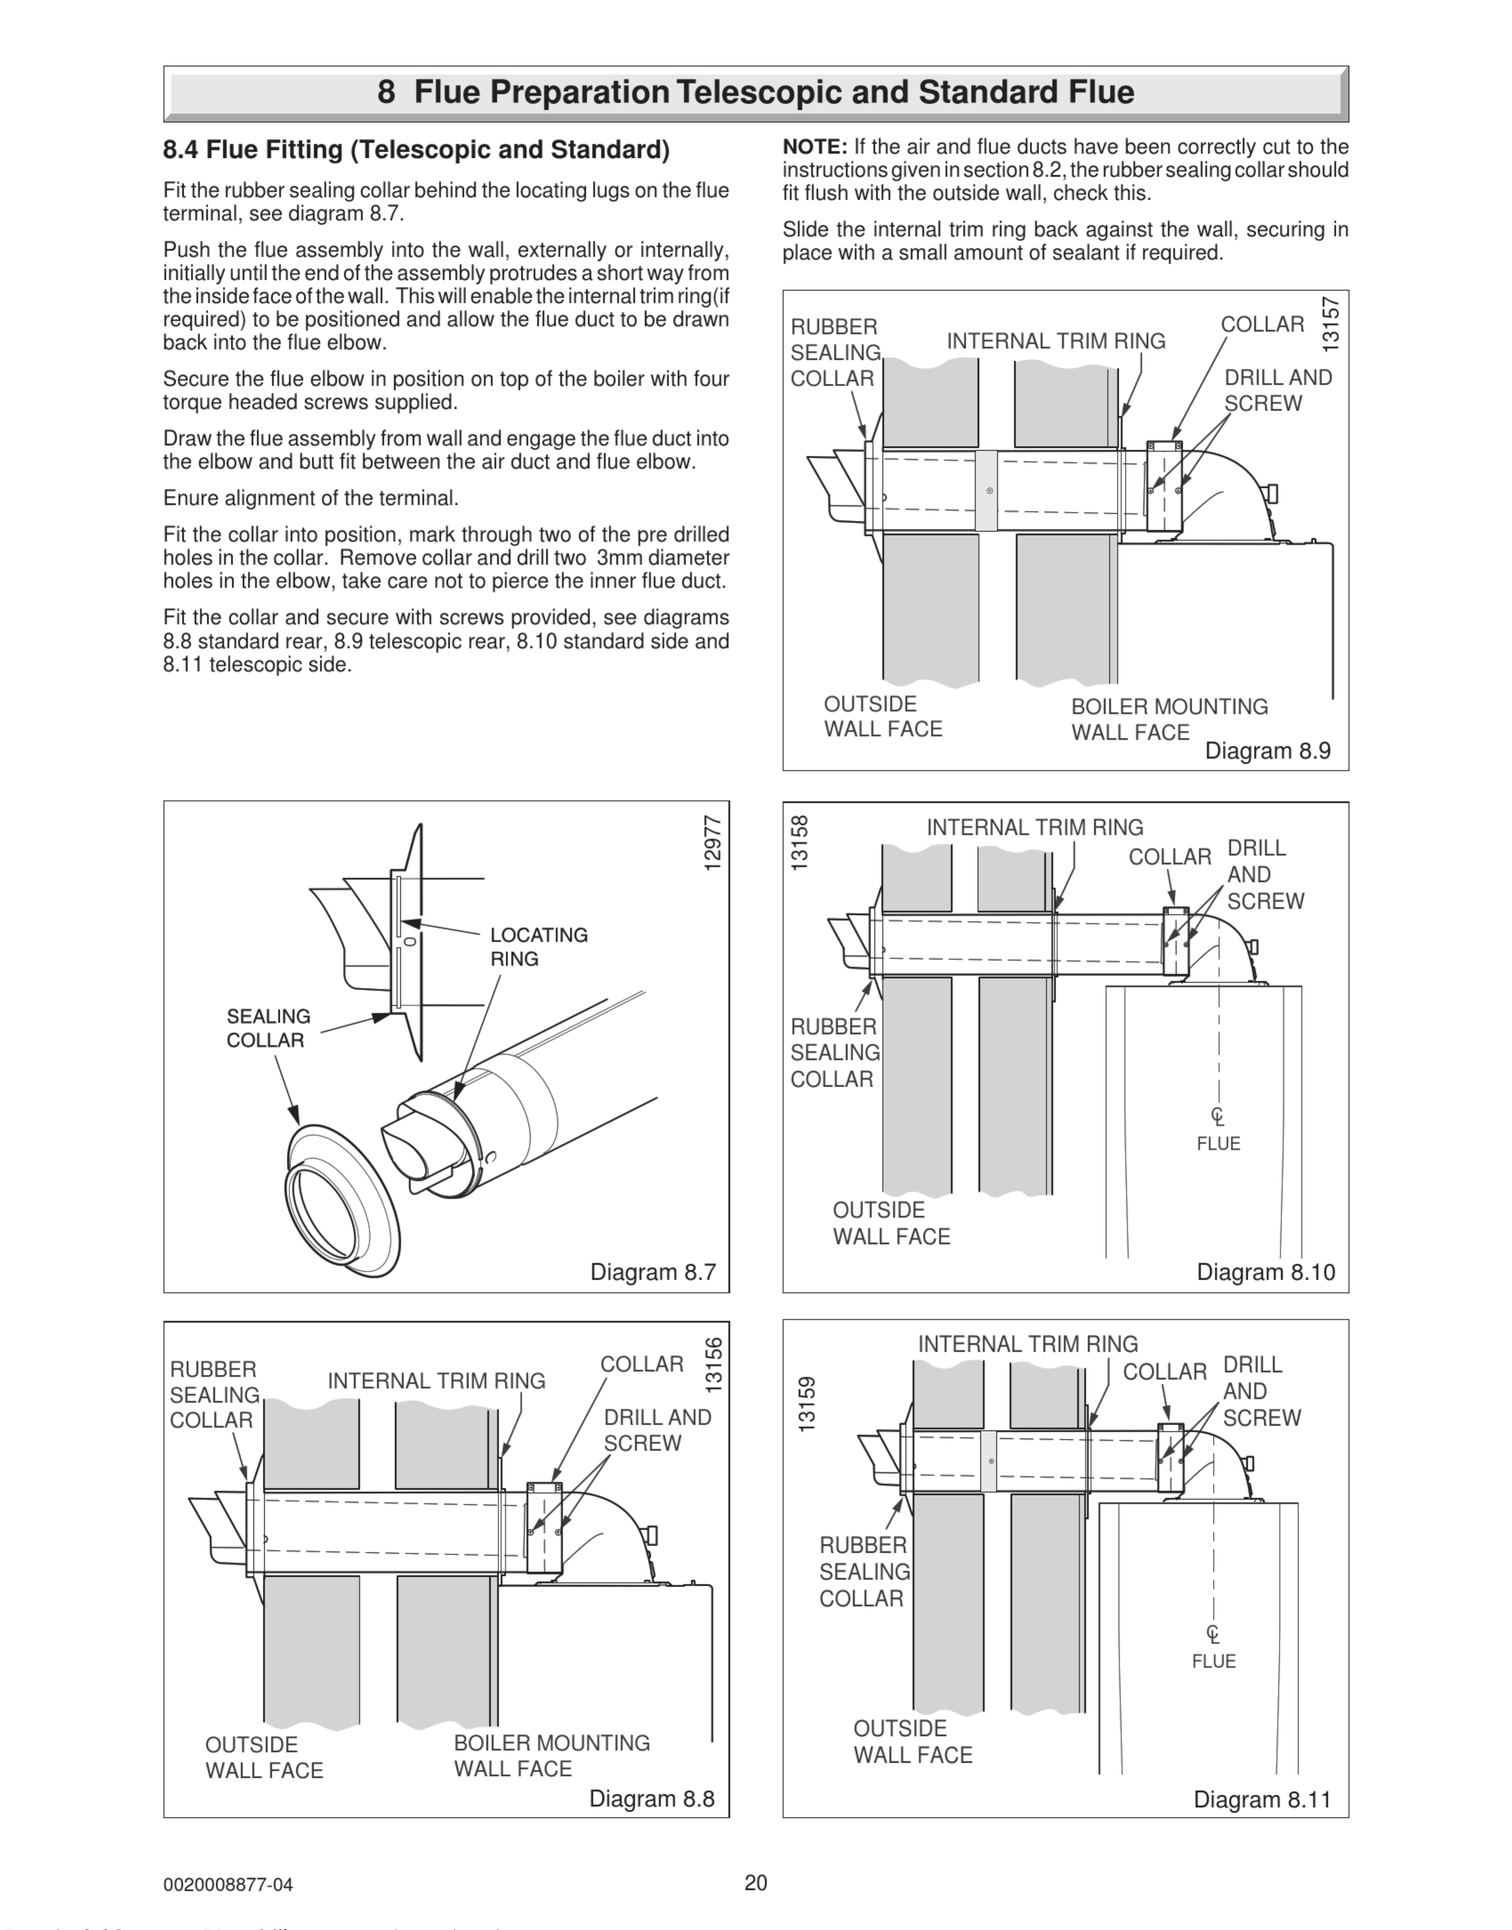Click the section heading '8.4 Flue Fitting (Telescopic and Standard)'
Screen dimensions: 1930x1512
[x=416, y=149]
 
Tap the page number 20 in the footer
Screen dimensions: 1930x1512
[x=756, y=1882]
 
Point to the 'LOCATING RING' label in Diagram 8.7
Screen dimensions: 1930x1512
[x=538, y=946]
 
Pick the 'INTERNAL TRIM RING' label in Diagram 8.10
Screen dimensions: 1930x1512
[x=1035, y=828]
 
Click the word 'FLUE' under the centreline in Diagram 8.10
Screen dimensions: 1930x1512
[x=1218, y=1144]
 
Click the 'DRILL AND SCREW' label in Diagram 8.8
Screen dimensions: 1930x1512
[x=657, y=1430]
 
